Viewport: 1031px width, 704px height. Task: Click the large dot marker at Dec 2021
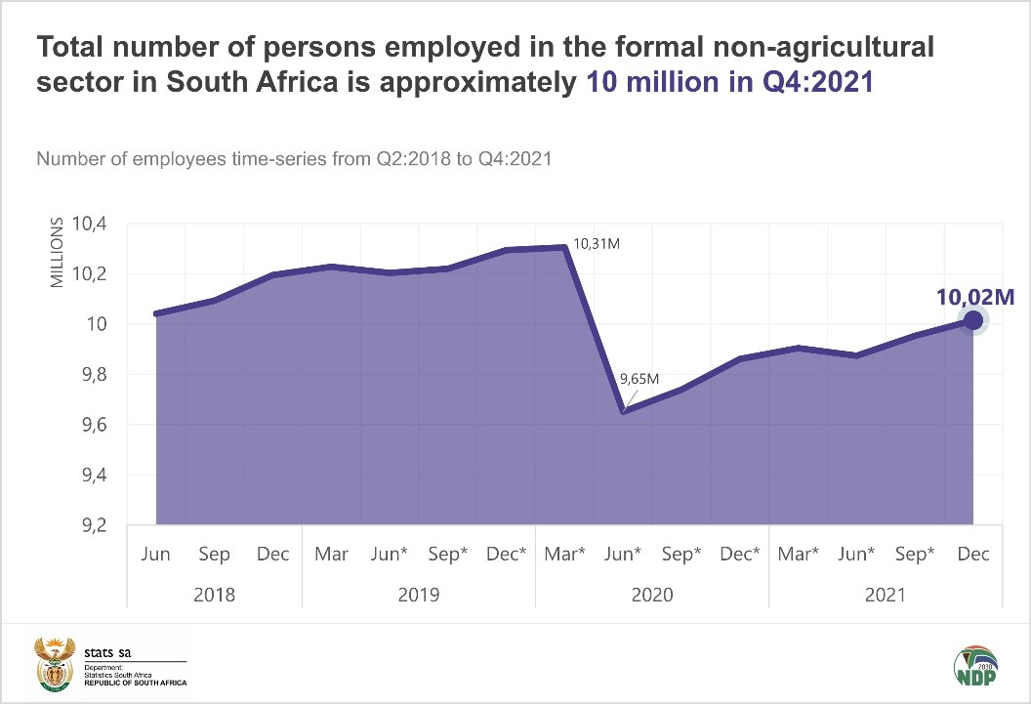pos(972,320)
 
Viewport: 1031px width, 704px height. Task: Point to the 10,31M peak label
pos(598,243)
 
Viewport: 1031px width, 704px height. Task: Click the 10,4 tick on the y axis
pos(89,225)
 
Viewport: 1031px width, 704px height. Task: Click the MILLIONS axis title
pos(57,253)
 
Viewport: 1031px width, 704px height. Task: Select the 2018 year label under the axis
pos(215,595)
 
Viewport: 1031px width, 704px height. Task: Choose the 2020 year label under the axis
pos(652,595)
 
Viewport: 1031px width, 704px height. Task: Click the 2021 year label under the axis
pos(886,595)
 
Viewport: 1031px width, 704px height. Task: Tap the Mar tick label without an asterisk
pos(332,555)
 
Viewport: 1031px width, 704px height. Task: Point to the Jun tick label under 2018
pos(156,555)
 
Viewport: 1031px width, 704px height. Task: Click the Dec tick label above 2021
pos(973,555)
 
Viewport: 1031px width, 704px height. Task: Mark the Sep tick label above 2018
pos(215,555)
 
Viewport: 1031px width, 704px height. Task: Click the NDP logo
pos(975,664)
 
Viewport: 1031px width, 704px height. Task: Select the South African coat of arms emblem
pos(53,664)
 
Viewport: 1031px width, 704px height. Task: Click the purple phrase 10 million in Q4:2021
pos(729,82)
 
